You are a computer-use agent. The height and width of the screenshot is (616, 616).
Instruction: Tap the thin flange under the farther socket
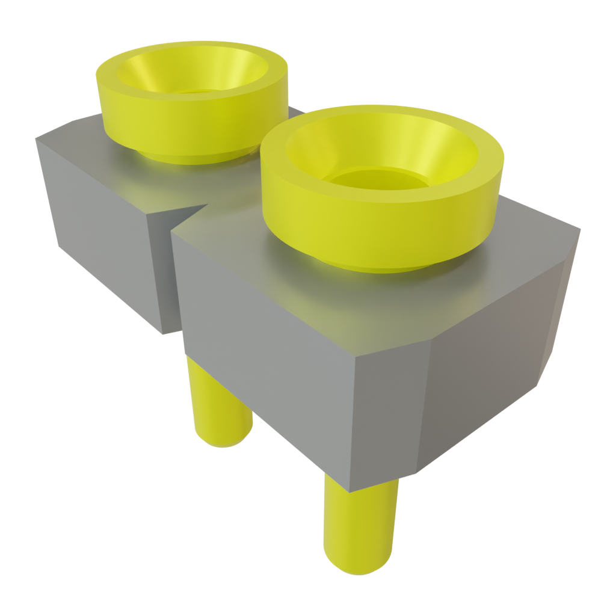pos(180,159)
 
